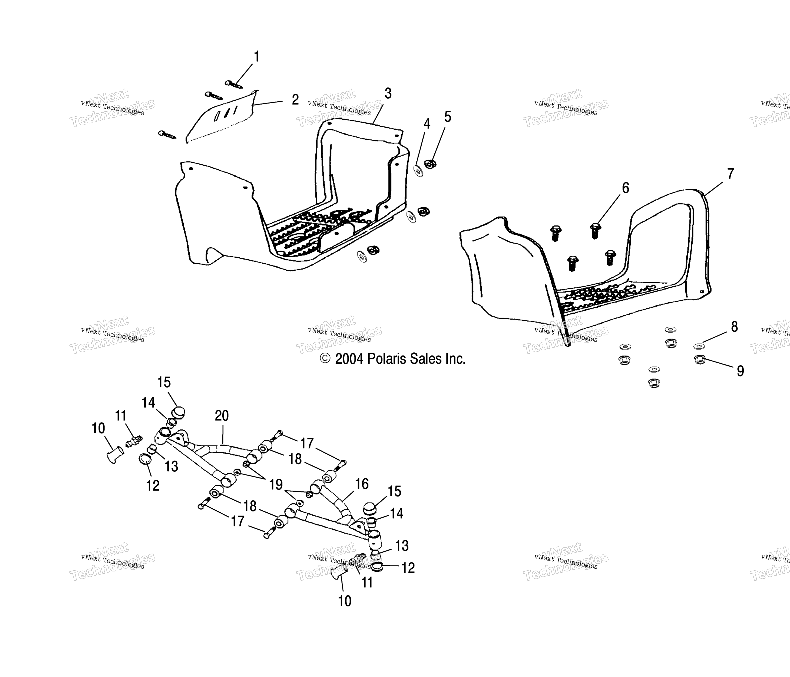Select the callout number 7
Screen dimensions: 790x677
[x=730, y=174]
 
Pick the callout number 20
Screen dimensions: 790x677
[x=222, y=415]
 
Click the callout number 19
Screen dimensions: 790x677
[x=276, y=484]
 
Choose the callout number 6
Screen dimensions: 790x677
[x=625, y=188]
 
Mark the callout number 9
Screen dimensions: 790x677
[x=740, y=371]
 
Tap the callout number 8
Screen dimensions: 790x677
[x=734, y=327]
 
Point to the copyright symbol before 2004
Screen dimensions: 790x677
[x=325, y=358]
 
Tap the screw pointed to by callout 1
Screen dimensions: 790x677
[x=233, y=84]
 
